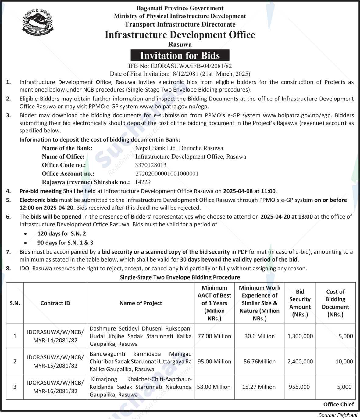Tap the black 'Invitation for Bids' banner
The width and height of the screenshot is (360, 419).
click(x=180, y=56)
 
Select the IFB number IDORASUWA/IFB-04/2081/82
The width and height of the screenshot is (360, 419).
click(x=180, y=66)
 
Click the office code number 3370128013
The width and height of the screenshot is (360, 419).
click(x=151, y=165)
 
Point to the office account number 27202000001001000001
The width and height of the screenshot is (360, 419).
click(x=167, y=174)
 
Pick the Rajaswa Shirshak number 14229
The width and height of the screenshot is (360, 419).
click(x=143, y=182)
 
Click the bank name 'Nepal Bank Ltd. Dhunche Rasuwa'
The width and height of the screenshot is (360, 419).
click(x=179, y=148)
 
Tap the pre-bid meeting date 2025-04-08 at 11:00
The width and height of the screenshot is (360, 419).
click(x=249, y=191)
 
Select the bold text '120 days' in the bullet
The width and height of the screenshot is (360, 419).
click(x=49, y=233)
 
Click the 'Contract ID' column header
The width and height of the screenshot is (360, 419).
click(x=55, y=303)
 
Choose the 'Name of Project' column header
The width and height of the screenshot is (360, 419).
click(x=141, y=303)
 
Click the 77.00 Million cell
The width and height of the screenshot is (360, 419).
click(x=214, y=336)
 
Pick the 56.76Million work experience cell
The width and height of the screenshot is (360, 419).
click(x=259, y=362)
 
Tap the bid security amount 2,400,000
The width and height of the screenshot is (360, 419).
click(x=300, y=362)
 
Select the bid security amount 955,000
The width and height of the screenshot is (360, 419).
click(x=299, y=387)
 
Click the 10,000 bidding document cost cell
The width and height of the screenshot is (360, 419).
click(x=344, y=362)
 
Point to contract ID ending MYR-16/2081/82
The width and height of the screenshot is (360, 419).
click(x=55, y=391)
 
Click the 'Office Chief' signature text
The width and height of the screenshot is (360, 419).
click(x=339, y=404)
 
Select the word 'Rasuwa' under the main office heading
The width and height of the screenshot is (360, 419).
click(x=180, y=44)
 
